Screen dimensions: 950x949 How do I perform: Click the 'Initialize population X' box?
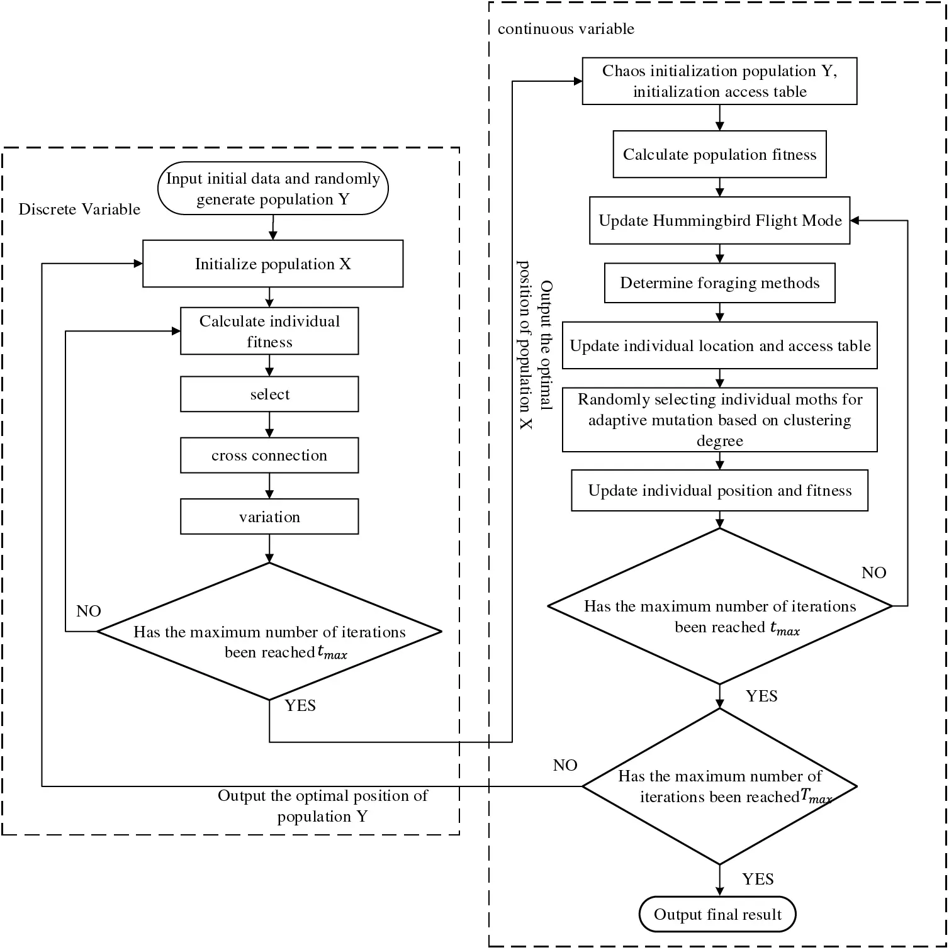(x=272, y=264)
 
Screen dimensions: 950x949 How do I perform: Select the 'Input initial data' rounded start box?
(x=272, y=189)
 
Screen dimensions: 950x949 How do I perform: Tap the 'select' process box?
(x=269, y=394)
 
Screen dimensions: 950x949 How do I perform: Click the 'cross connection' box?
(x=269, y=455)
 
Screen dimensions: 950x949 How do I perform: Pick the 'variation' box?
(x=269, y=517)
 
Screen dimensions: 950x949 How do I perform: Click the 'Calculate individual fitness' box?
(x=269, y=332)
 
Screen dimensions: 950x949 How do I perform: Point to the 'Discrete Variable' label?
(x=79, y=210)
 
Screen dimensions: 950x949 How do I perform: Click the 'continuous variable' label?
(x=566, y=29)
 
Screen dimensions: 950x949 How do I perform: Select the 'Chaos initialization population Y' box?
(x=719, y=81)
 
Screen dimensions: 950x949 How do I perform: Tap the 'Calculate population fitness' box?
(x=719, y=155)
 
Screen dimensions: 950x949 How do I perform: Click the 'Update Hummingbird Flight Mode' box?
(x=719, y=221)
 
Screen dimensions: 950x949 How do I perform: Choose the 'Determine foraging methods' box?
(x=719, y=283)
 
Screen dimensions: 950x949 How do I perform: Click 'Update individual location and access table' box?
(x=719, y=346)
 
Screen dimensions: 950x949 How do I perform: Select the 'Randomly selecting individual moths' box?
(x=719, y=420)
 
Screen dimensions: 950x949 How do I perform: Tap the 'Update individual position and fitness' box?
(x=719, y=491)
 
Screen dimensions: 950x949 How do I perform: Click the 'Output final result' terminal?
(x=717, y=915)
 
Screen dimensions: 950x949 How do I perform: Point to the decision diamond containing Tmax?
(x=719, y=786)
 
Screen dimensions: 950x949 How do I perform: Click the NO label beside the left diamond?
(x=89, y=612)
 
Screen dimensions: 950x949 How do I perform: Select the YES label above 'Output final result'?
(x=758, y=880)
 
